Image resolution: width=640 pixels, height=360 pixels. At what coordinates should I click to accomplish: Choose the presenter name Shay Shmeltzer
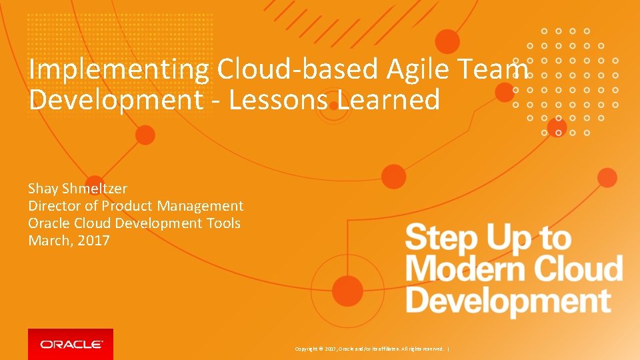click(x=77, y=189)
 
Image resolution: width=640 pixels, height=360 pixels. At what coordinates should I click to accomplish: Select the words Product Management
click(x=173, y=206)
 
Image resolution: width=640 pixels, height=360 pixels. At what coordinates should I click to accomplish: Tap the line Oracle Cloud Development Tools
click(x=134, y=223)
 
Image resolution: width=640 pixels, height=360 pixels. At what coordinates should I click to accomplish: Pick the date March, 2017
click(x=69, y=241)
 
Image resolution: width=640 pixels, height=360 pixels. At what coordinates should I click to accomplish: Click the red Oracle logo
click(x=71, y=344)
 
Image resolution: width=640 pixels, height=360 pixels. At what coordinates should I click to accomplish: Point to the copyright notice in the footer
click(x=371, y=349)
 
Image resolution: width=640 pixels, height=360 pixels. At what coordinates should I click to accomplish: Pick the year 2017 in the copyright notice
click(x=331, y=349)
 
